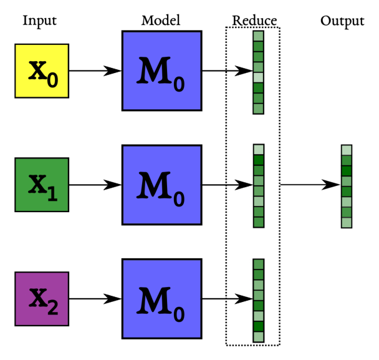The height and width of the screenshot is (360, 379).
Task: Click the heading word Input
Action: click(x=39, y=21)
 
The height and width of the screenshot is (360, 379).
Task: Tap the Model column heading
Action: click(x=161, y=21)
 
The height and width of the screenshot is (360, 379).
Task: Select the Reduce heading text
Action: click(x=254, y=21)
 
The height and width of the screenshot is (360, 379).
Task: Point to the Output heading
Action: click(x=342, y=21)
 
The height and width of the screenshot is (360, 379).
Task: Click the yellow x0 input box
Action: click(x=42, y=71)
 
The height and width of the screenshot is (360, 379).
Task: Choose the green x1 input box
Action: click(x=42, y=185)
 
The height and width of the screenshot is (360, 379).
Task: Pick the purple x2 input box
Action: click(x=42, y=298)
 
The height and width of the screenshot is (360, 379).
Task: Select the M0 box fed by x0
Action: click(x=162, y=71)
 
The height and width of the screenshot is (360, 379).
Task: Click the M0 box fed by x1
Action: click(x=162, y=185)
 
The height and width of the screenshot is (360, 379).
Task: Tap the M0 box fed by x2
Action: click(x=162, y=298)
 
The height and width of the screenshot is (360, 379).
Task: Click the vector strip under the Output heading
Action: click(x=347, y=186)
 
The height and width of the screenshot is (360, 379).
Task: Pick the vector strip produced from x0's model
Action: click(x=258, y=72)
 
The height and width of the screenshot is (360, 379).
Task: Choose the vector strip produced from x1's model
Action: click(x=258, y=186)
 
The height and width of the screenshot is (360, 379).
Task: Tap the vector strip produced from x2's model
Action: click(x=258, y=300)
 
